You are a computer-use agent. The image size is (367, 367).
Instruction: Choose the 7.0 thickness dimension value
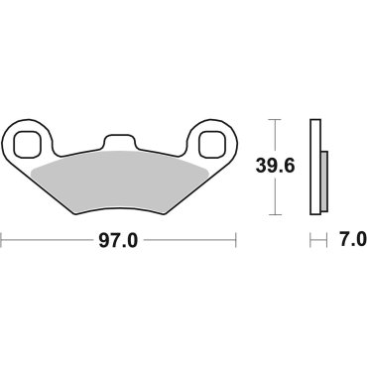pyautogui.click(x=351, y=240)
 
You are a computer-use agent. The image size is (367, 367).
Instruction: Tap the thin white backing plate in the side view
pyautogui.click(x=315, y=167)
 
